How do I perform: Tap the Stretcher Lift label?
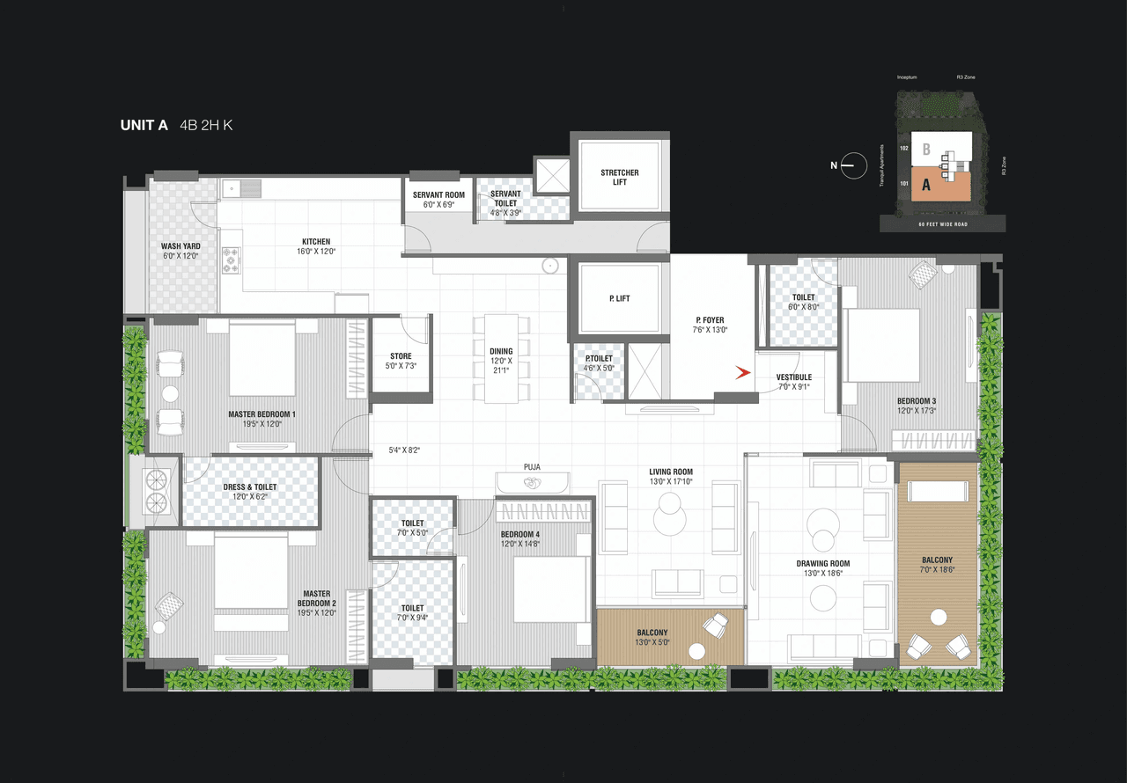point(619,177)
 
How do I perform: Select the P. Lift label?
point(619,299)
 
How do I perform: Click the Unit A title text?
point(144,125)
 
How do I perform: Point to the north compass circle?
point(853,165)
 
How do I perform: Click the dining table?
point(501,359)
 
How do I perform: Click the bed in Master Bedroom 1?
point(261,358)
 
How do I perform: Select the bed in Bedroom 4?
point(551,590)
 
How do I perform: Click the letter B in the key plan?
point(925,149)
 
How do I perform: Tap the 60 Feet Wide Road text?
point(942,224)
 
